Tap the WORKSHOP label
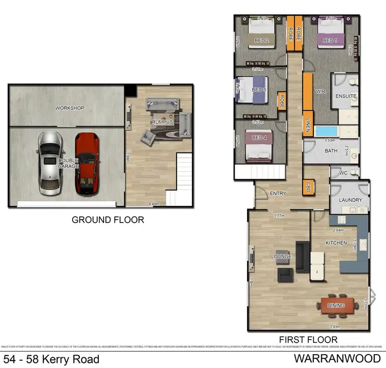click(x=69, y=108)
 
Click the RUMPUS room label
click(x=162, y=121)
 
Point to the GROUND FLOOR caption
click(x=108, y=220)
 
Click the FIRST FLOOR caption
click(x=308, y=340)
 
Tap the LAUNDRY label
click(x=350, y=200)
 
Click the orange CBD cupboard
click(x=309, y=186)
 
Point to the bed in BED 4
click(x=258, y=145)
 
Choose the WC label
click(x=343, y=172)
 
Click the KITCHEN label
click(x=336, y=242)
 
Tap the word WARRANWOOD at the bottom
click(x=338, y=358)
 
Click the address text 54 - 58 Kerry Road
click(x=51, y=359)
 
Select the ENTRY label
click(x=277, y=193)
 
